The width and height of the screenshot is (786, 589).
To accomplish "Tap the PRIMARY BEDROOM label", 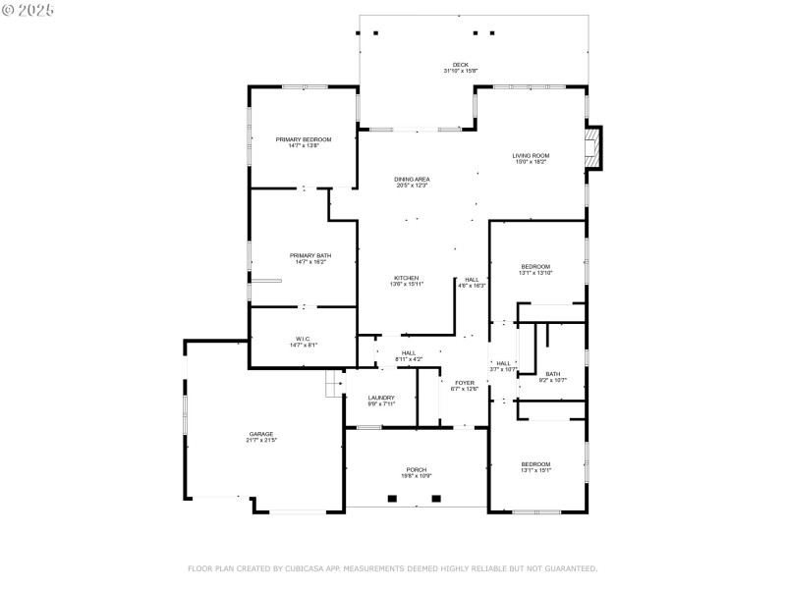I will coord(303,139).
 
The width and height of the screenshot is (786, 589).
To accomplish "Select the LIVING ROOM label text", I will coord(531,155).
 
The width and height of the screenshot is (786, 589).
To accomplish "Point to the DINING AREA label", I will coord(413,179).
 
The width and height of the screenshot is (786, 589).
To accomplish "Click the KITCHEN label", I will coord(407,278).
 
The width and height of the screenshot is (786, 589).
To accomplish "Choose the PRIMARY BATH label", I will coord(303,255).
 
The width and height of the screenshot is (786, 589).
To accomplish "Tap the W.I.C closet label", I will coord(302,339).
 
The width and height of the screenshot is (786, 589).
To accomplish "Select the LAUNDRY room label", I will coord(381,397).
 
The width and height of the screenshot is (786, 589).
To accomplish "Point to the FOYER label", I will coord(464,382).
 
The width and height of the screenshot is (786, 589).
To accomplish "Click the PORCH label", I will coord(417,469).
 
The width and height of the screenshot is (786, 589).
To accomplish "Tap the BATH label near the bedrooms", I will coord(553,373).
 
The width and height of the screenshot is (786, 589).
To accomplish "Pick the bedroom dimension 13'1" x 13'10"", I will coord(536,272).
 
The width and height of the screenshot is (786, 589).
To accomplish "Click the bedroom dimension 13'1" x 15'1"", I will coord(535,470).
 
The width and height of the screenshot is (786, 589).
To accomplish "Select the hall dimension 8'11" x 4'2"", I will coord(408,359).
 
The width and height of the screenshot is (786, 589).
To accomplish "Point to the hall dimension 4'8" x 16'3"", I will coord(473,286).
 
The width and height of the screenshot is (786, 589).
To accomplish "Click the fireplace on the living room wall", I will coord(592,147).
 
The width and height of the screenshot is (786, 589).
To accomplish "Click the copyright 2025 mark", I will coord(28,9).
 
